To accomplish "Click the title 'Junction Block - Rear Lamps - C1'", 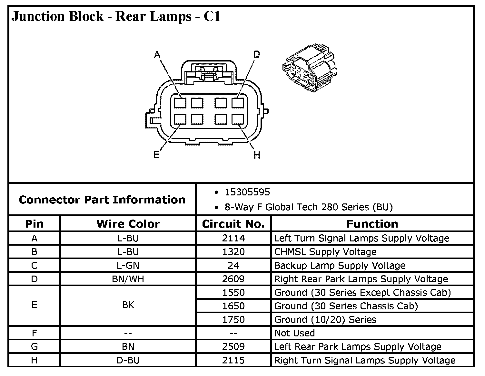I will click(x=116, y=16).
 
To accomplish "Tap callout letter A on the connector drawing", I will click(x=157, y=55).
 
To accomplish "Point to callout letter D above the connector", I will click(x=256, y=54).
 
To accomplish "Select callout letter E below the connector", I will click(x=156, y=155).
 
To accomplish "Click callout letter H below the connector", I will click(x=257, y=155).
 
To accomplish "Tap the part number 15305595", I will click(x=247, y=192).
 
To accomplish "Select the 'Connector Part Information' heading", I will click(x=102, y=200).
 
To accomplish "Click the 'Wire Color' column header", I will click(x=128, y=224).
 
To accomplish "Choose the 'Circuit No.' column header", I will click(x=233, y=224).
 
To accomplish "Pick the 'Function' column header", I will click(x=372, y=224).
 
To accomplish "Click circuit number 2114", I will click(x=233, y=238).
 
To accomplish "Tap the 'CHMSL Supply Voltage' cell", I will click(x=325, y=252).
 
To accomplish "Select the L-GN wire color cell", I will click(x=128, y=266).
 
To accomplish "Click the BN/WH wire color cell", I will click(x=128, y=279).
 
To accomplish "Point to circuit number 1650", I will click(x=233, y=306).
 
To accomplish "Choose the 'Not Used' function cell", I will click(x=294, y=333).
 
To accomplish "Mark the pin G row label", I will click(x=34, y=347).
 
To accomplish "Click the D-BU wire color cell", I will click(x=128, y=360).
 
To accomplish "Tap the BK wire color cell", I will click(x=128, y=305).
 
